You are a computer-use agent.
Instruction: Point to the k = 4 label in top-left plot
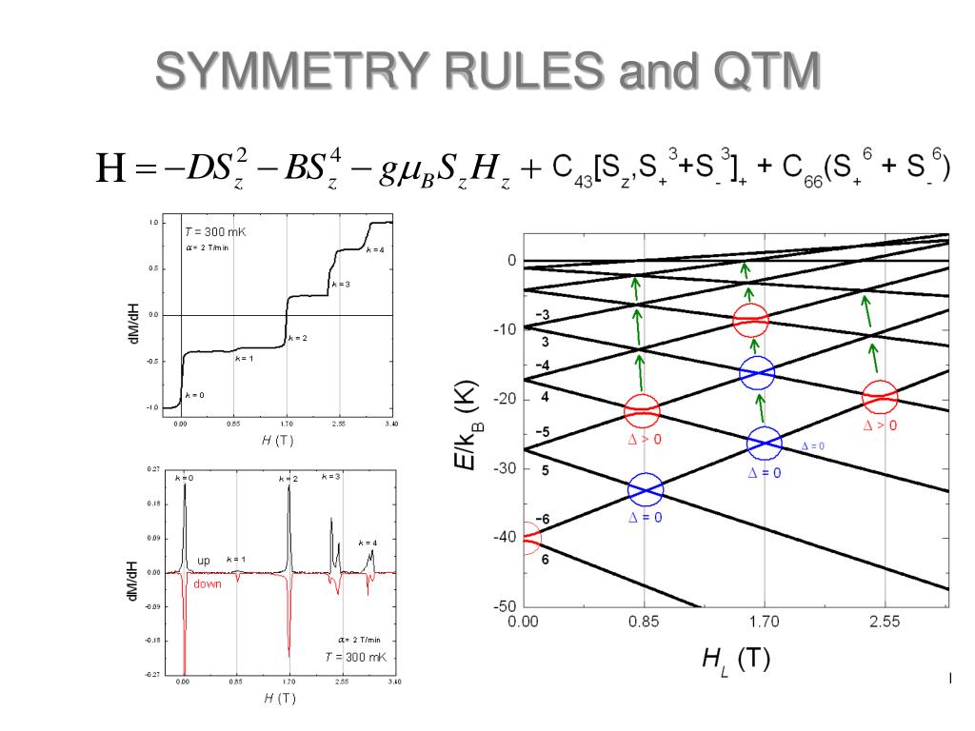click(x=375, y=249)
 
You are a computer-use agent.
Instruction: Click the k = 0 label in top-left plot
click(x=194, y=394)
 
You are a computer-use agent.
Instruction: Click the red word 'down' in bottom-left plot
click(x=207, y=584)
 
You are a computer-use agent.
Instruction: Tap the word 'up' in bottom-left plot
click(x=204, y=561)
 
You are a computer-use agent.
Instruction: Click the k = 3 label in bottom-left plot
click(x=331, y=475)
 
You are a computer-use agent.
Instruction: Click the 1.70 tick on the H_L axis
click(x=764, y=622)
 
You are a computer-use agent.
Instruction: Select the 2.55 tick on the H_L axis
click(x=885, y=622)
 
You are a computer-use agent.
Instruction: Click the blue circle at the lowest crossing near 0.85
click(x=646, y=491)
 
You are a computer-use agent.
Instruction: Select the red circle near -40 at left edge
click(x=527, y=538)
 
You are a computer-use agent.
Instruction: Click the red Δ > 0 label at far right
click(x=879, y=425)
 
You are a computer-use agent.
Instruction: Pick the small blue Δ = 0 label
click(x=812, y=445)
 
